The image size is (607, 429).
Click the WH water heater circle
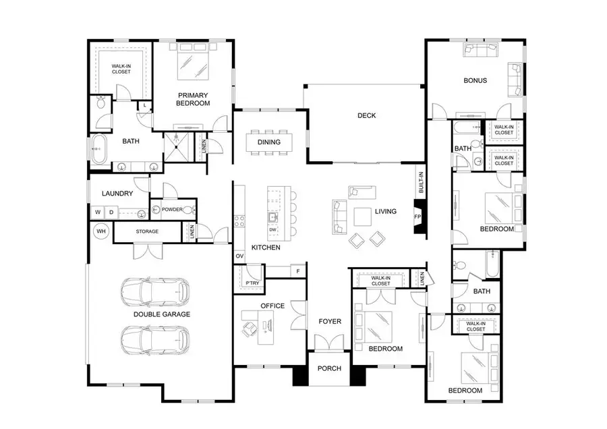click(x=102, y=231)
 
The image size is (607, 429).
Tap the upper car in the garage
click(x=154, y=291)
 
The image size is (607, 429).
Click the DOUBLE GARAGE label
click(x=162, y=314)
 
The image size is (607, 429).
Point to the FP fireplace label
click(x=417, y=217)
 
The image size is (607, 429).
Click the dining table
click(x=269, y=142)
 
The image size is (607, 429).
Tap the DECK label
click(x=366, y=115)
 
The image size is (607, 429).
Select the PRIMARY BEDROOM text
click(x=194, y=99)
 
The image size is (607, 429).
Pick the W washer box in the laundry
click(x=98, y=212)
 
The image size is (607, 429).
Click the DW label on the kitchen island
click(x=272, y=230)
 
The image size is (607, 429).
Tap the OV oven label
click(x=239, y=256)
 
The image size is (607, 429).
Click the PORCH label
click(x=330, y=368)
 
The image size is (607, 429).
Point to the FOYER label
click(x=330, y=321)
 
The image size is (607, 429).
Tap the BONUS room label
click(x=475, y=80)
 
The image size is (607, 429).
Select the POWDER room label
click(x=171, y=210)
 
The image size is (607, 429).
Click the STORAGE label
click(x=147, y=231)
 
